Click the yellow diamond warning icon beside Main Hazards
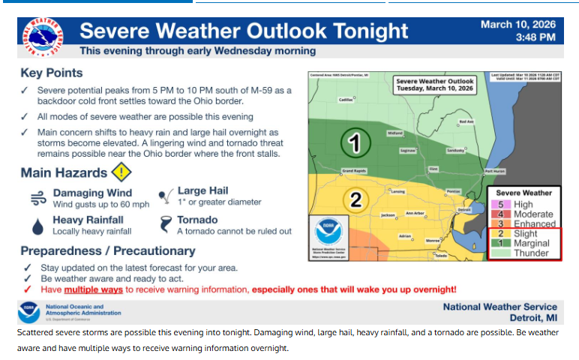coord(121,172)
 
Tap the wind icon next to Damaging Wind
coord(37,198)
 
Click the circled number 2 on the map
coord(355,200)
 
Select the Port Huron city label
coord(495,171)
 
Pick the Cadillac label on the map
coord(346,99)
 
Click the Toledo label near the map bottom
coord(440,256)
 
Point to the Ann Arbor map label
coord(415,213)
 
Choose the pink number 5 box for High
coord(499,204)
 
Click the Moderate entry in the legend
coord(534,214)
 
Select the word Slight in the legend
coord(526,234)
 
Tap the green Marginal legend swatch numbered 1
coord(499,243)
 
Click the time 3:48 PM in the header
coord(535,37)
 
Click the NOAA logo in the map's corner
coord(327,226)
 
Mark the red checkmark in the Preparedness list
coord(28,289)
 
